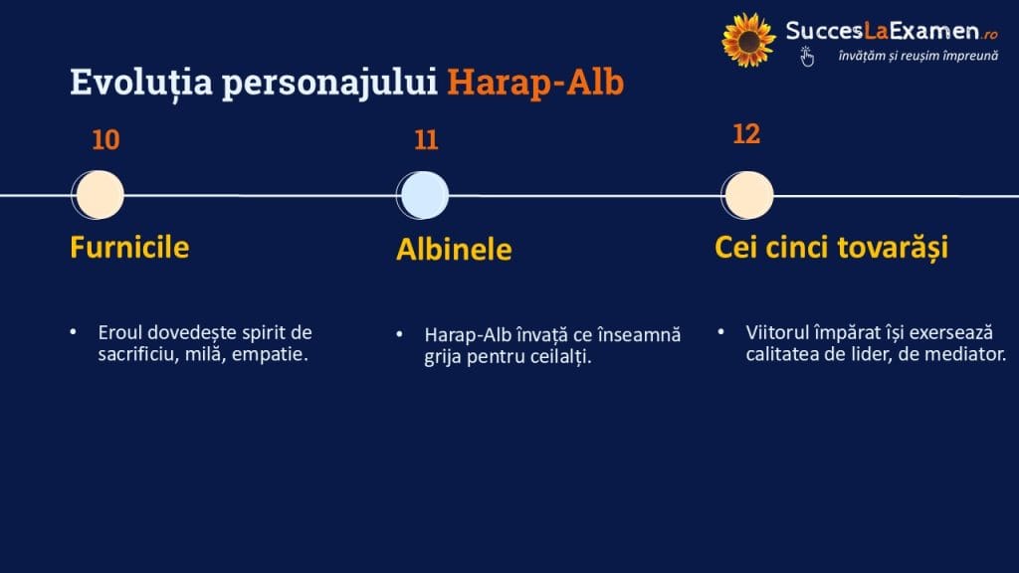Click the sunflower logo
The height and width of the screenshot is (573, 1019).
tap(748, 40)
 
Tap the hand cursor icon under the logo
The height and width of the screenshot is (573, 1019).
tap(806, 57)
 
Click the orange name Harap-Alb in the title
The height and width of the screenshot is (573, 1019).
tap(535, 83)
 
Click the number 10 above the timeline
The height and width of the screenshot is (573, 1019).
tap(105, 140)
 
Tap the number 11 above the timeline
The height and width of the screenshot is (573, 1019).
tap(426, 140)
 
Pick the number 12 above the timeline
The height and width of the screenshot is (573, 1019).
tap(746, 134)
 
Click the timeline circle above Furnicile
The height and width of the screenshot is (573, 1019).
tap(99, 195)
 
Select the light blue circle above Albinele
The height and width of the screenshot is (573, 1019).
tap(423, 196)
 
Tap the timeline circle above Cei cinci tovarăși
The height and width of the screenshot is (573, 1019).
tap(747, 196)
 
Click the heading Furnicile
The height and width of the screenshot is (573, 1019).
tap(129, 248)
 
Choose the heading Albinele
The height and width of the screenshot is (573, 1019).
tap(454, 250)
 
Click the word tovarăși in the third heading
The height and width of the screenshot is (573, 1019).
tap(893, 248)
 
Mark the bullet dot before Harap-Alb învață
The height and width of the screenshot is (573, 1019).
tap(400, 334)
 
